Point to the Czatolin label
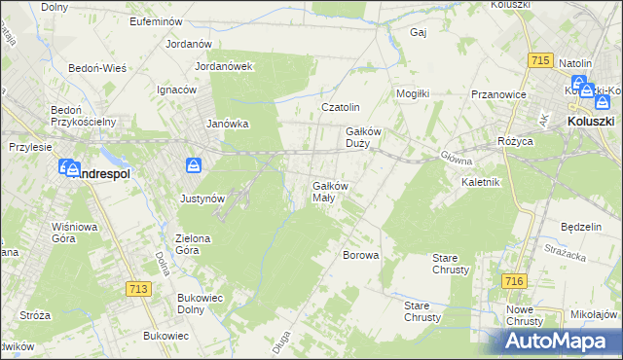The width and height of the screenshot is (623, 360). pyautogui.click(x=341, y=107)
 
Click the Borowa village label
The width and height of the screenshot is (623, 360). pyautogui.click(x=360, y=255)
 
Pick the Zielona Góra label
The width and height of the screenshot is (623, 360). pyautogui.click(x=201, y=243)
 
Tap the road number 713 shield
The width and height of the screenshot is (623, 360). pyautogui.click(x=138, y=288)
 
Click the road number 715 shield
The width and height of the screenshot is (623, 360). pyautogui.click(x=542, y=60)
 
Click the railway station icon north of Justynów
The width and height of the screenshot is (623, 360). pyautogui.click(x=194, y=166)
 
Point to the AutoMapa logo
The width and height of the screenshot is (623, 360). pyautogui.click(x=561, y=340)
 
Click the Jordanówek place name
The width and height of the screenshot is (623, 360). pyautogui.click(x=224, y=66)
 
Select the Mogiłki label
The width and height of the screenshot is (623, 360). pyautogui.click(x=413, y=93)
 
